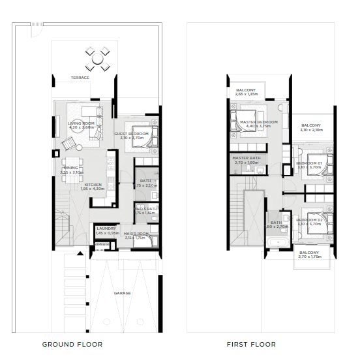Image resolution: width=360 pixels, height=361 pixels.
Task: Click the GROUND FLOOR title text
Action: pos(72,344)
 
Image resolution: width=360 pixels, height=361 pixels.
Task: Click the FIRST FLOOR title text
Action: pos(251,344)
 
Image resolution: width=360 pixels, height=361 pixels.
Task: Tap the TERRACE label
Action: pos(80,78)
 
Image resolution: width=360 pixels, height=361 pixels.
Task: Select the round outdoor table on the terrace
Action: pos(97,59)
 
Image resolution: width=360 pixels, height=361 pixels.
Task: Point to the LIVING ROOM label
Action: pos(82,123)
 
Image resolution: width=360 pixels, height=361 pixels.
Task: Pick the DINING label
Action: pos(71,168)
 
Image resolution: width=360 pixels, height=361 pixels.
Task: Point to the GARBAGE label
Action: pos(102,243)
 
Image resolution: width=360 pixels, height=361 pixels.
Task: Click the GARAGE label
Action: pos(122,293)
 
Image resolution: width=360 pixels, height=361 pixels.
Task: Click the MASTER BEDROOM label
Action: pos(258,122)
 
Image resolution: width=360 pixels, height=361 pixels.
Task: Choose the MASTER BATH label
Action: pos(246,157)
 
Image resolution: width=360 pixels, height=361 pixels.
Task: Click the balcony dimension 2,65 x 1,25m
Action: pos(246,95)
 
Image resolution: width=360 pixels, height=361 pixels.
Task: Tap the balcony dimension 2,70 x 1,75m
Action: pos(310,257)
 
